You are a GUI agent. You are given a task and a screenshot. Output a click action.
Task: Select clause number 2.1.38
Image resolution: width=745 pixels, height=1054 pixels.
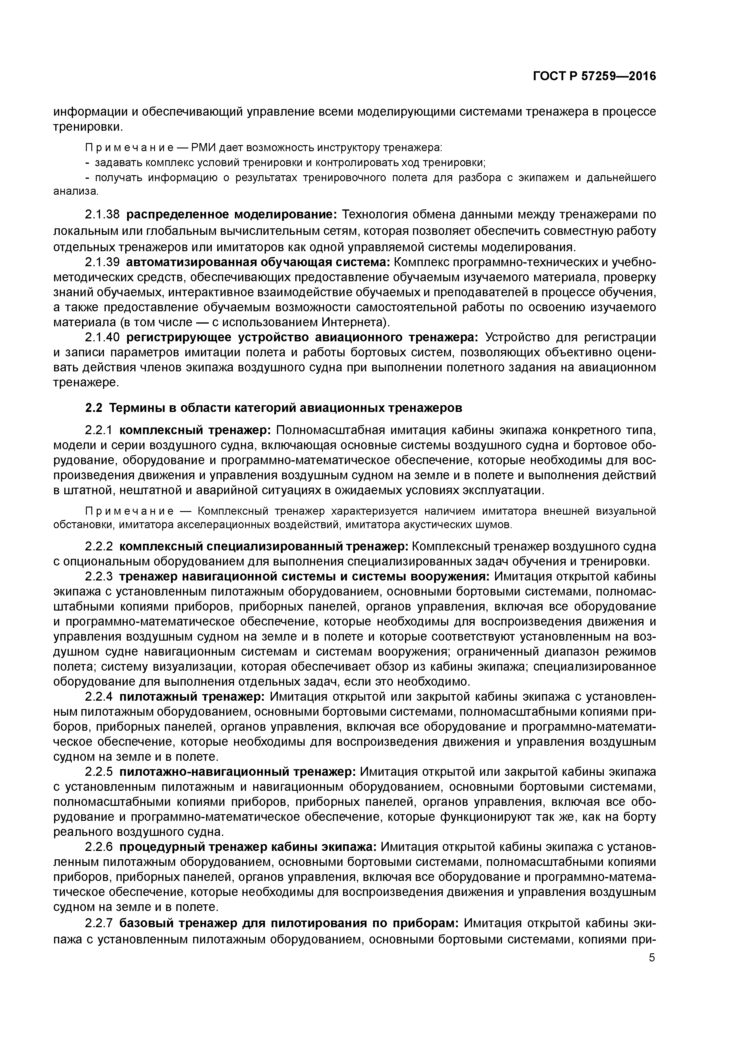[103, 215]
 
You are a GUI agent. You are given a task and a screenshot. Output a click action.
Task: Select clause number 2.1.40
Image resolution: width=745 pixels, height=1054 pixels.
[103, 337]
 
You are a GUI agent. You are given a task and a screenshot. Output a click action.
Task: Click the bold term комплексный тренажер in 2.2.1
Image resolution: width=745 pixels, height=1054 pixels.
[196, 431]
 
